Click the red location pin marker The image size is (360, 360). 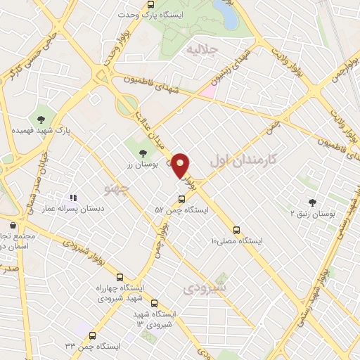(181, 166)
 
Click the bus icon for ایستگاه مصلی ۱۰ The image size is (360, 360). (236, 229)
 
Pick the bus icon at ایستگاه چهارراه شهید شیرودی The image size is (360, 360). (120, 277)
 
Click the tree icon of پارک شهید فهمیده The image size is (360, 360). (40, 119)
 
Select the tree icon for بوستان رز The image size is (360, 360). (143, 152)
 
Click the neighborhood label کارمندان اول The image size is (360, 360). (243, 161)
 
